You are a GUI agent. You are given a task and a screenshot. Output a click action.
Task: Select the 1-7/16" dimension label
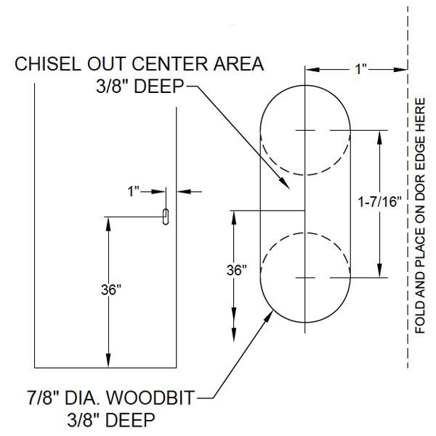click(380, 203)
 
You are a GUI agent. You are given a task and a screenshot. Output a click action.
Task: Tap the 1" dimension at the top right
click(361, 70)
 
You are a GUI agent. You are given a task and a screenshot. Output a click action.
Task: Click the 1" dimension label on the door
click(134, 192)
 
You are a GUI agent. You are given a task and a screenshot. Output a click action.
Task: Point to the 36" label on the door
click(111, 289)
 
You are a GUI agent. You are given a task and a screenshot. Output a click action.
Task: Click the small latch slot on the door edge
click(166, 217)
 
